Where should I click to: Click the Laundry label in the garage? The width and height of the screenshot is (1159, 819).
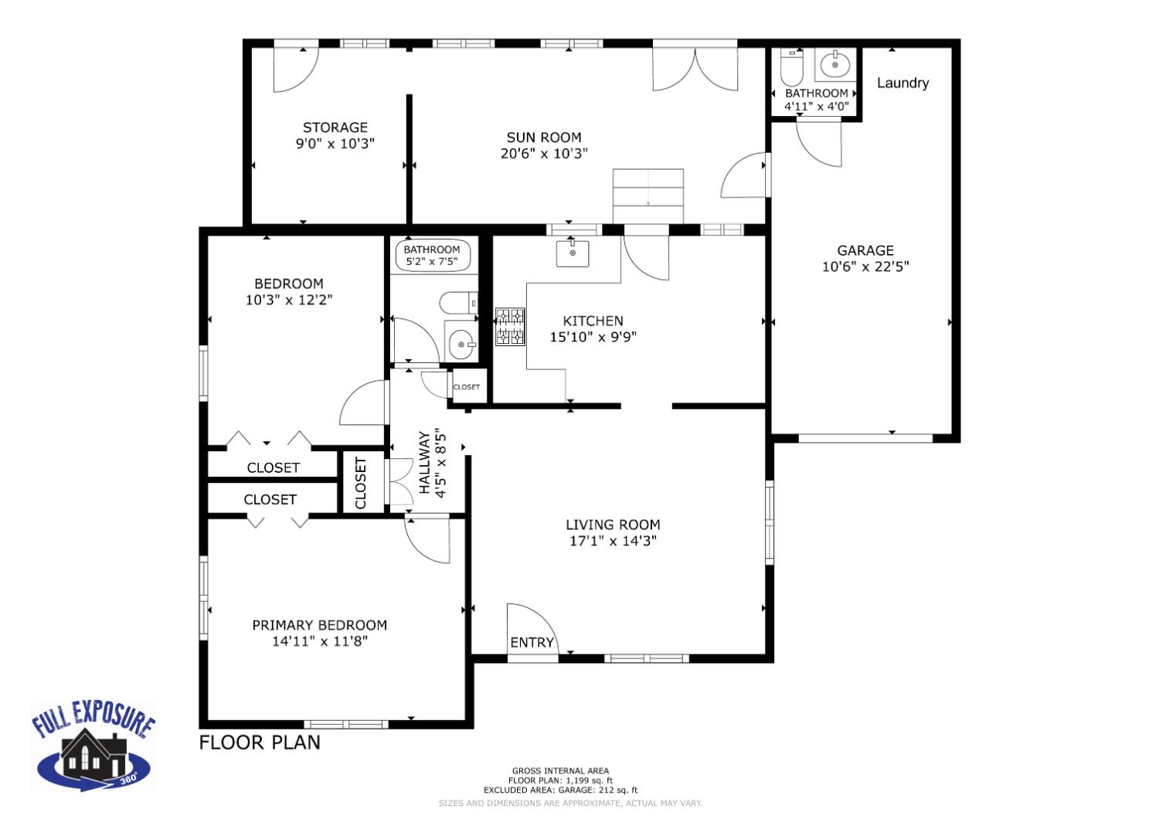coord(902,83)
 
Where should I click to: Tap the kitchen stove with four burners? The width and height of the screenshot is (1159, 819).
coord(510,326)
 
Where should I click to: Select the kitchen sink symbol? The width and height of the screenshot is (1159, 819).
coord(573,253)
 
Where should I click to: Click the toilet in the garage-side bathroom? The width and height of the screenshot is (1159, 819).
coord(792,68)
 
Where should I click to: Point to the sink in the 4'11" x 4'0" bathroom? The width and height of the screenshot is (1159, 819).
coord(834,66)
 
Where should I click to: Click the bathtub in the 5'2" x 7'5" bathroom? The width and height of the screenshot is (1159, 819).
coord(432,256)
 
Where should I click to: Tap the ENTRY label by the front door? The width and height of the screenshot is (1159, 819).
coord(532,642)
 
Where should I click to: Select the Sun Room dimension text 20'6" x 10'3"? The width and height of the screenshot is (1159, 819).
coord(544,153)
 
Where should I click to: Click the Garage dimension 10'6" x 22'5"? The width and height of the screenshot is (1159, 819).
coord(865,267)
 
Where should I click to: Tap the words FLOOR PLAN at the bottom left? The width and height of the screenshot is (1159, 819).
coord(260,743)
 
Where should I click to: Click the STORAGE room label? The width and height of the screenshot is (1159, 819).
coord(335,127)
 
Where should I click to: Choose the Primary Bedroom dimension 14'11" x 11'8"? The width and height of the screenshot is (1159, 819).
coord(319,641)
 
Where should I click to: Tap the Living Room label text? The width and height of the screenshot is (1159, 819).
coord(613,525)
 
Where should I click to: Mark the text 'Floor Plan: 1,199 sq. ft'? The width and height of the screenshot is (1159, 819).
coord(560,780)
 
